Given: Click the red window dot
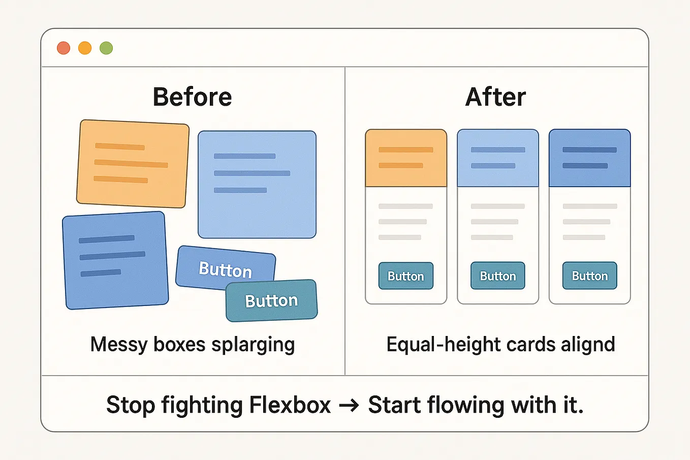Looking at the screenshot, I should [64, 48].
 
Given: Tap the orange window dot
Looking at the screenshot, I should [85, 48].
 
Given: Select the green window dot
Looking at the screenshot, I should [106, 48].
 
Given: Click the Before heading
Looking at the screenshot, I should [192, 97].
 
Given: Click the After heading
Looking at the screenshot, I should [495, 97].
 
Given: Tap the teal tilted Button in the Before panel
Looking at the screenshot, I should [271, 301].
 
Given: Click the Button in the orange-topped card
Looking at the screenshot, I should [405, 276].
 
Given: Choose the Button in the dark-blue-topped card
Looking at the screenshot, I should [589, 276].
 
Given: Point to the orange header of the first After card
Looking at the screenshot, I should [405, 158].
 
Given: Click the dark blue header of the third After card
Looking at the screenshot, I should [589, 158].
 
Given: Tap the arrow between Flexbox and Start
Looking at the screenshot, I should [349, 406].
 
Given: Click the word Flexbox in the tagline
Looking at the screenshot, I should [290, 405].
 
